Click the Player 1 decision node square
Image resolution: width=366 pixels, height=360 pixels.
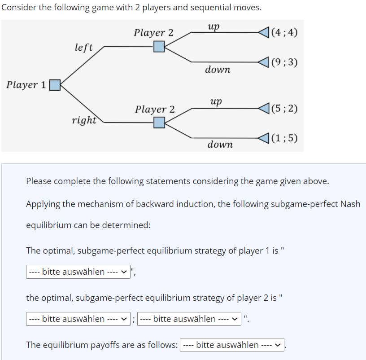(x=55, y=85)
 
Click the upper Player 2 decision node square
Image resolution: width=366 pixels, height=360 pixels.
(x=159, y=46)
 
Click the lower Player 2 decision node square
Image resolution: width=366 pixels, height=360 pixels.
(x=159, y=122)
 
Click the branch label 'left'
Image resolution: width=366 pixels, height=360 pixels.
(x=84, y=47)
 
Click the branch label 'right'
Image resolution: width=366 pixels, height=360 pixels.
(x=84, y=120)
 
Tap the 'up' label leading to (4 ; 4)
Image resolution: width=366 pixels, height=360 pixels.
(x=214, y=26)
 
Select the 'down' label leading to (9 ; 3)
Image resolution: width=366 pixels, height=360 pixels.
(x=218, y=70)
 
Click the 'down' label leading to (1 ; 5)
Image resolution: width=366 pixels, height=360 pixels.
(x=220, y=145)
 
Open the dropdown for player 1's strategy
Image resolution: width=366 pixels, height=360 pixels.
(x=78, y=272)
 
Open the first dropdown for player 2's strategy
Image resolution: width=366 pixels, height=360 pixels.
(x=78, y=319)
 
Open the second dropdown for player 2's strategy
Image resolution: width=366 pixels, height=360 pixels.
(x=189, y=319)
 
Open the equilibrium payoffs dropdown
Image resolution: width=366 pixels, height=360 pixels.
(x=232, y=345)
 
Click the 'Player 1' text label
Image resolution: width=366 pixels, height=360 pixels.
(x=26, y=85)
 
